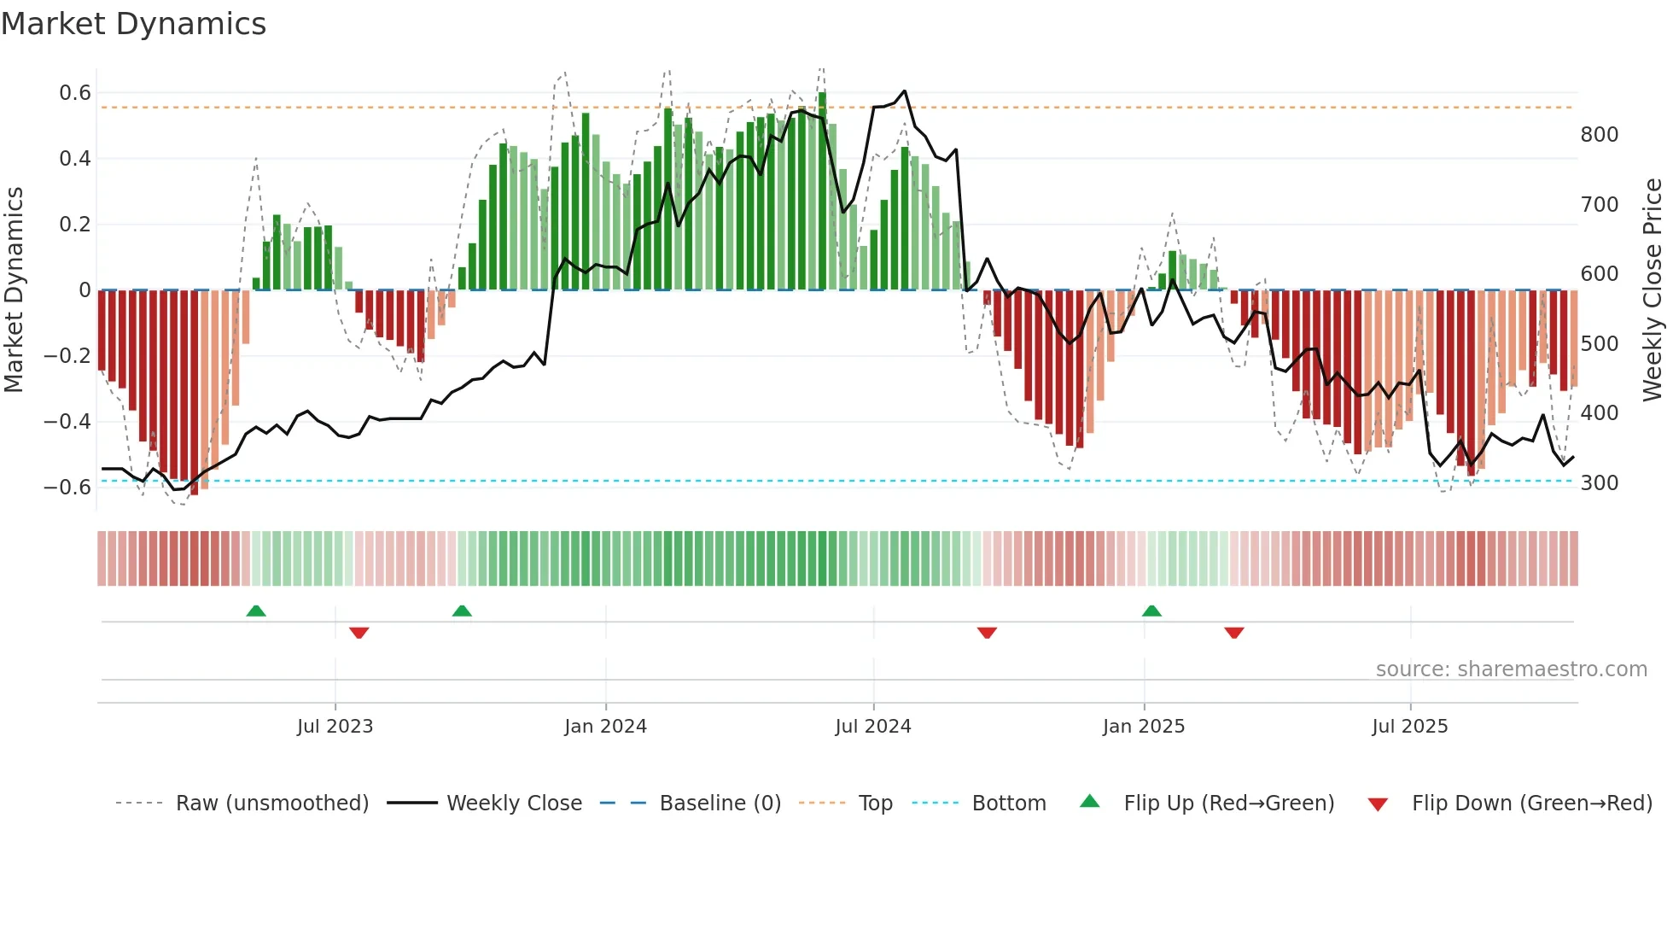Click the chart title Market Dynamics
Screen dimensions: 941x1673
click(x=134, y=24)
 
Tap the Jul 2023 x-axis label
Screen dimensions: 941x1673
click(x=335, y=727)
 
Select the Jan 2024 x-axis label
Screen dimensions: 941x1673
click(x=605, y=727)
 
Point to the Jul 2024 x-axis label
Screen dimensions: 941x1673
click(x=873, y=727)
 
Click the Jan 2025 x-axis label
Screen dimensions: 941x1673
click(x=1144, y=727)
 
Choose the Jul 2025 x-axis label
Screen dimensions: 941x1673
click(x=1410, y=727)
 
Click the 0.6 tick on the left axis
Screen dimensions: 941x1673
click(x=75, y=93)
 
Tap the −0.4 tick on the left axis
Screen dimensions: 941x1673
click(x=67, y=422)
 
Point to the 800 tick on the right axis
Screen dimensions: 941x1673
click(x=1600, y=135)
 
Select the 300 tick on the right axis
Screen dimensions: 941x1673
click(x=1600, y=483)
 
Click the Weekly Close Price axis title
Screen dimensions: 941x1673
click(x=1653, y=290)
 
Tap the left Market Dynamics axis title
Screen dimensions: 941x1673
click(x=14, y=290)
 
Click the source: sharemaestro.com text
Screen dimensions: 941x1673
click(x=1511, y=669)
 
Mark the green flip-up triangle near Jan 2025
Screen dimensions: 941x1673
click(x=1151, y=611)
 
